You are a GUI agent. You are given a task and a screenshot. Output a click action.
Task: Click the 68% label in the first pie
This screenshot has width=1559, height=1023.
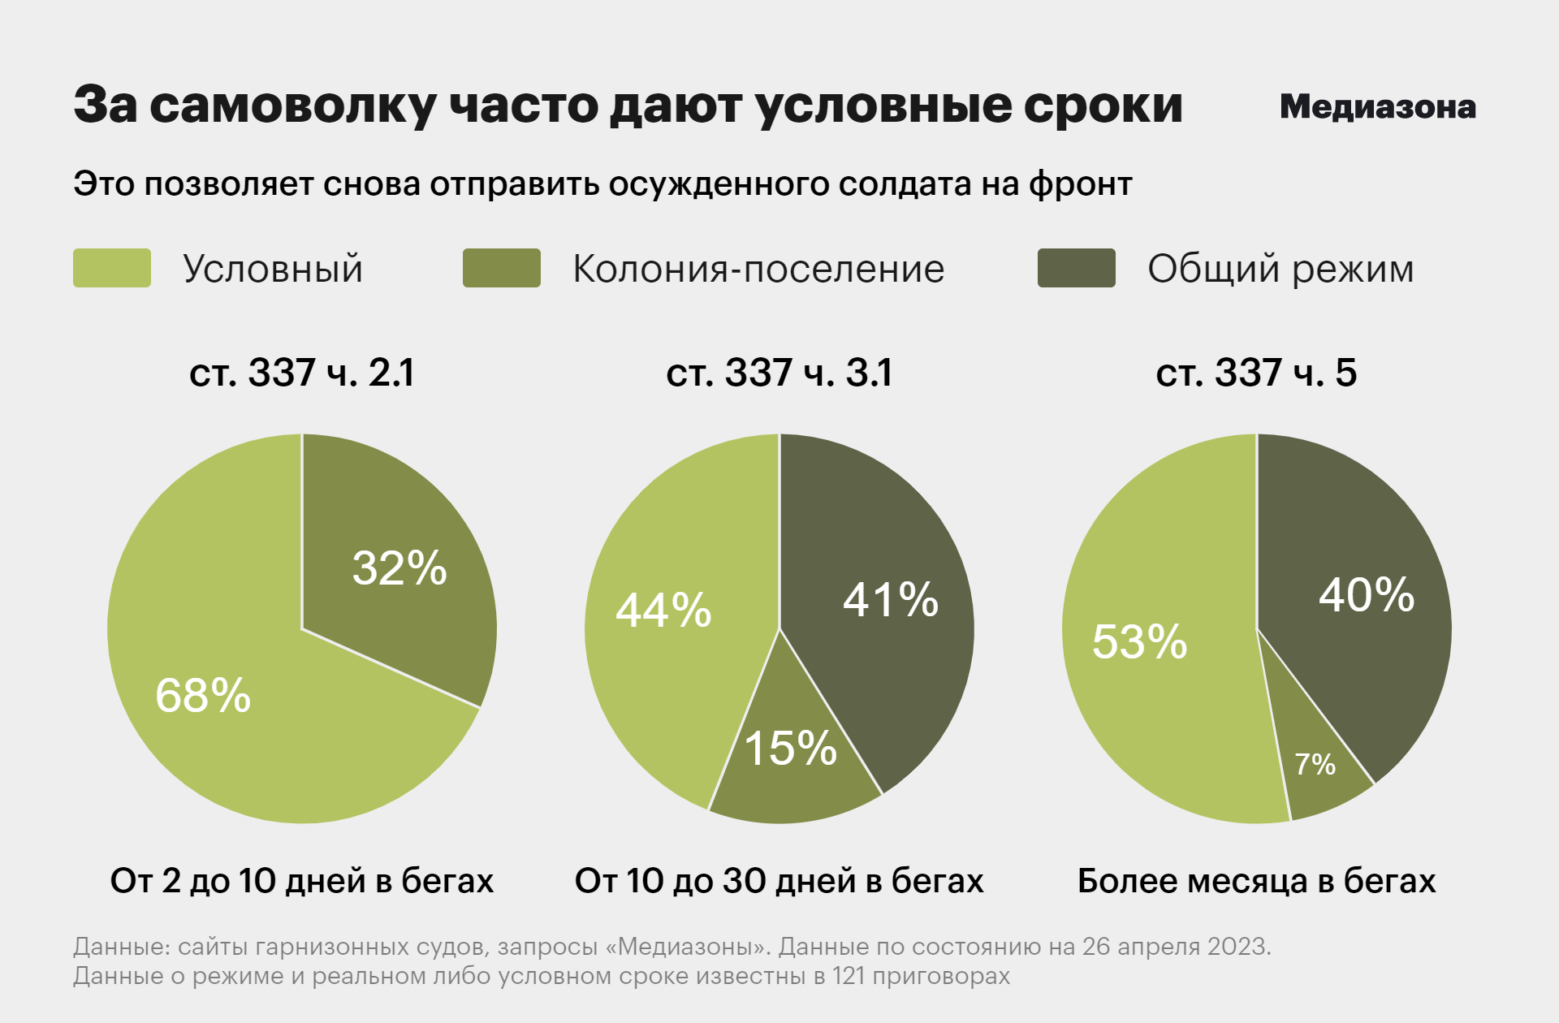click(x=203, y=696)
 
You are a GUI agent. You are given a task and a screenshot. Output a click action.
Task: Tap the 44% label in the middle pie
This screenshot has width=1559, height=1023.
click(x=663, y=611)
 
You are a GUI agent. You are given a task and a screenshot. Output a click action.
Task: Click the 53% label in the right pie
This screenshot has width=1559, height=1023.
click(x=1139, y=641)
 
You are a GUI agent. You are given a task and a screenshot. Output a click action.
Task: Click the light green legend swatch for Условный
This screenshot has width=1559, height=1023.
click(x=112, y=268)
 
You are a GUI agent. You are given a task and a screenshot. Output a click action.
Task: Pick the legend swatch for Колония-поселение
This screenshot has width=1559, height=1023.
click(x=502, y=268)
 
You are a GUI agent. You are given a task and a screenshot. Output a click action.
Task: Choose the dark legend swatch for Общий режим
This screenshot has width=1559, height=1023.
click(x=1076, y=268)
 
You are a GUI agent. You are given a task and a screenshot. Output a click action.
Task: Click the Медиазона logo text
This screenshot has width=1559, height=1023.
click(x=1377, y=107)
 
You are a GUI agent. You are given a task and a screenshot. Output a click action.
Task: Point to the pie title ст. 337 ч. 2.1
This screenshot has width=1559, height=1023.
click(x=302, y=373)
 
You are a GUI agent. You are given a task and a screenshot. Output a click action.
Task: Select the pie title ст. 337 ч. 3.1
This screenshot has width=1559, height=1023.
click(x=779, y=373)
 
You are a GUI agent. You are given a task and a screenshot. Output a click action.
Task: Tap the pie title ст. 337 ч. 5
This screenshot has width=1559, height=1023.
click(x=1256, y=373)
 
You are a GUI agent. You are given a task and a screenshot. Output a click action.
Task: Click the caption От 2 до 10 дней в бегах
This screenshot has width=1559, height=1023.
click(x=302, y=881)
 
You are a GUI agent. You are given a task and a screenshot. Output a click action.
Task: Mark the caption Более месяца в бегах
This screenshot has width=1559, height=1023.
click(x=1256, y=881)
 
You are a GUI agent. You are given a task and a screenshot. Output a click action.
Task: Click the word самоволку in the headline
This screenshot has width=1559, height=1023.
click(x=293, y=106)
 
